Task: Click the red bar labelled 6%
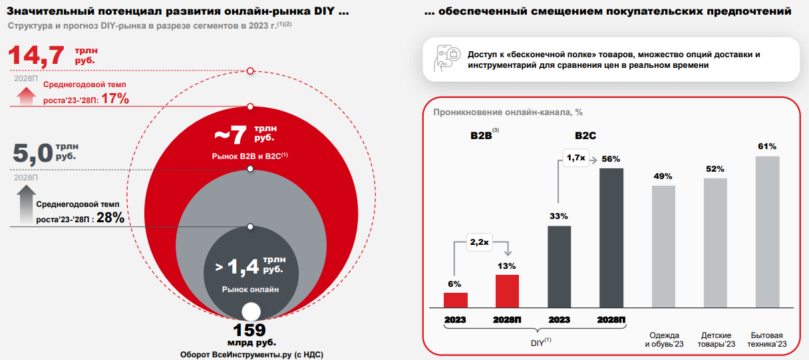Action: (x=456, y=300)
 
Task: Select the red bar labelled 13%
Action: (x=508, y=291)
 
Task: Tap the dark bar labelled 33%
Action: (x=560, y=266)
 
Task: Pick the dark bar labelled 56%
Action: (x=611, y=238)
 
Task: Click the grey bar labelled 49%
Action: (x=663, y=246)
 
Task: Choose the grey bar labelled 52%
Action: (x=715, y=242)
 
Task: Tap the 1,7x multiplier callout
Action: (x=575, y=158)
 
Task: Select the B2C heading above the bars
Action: (x=585, y=136)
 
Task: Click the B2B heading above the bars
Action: (x=480, y=136)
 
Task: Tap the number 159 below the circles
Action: (x=249, y=330)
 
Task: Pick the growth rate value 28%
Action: (x=110, y=217)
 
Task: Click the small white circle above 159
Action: (x=251, y=311)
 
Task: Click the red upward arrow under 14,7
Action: (x=26, y=97)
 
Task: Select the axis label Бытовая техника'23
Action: (x=767, y=339)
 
